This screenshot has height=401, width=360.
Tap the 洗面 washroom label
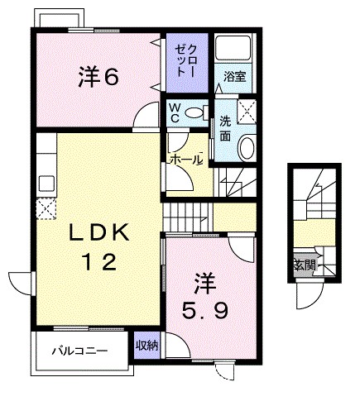pyautogui.click(x=225, y=127)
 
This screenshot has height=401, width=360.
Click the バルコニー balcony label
pyautogui.click(x=80, y=351)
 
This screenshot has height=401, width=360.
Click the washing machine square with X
pyautogui.click(x=247, y=112)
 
